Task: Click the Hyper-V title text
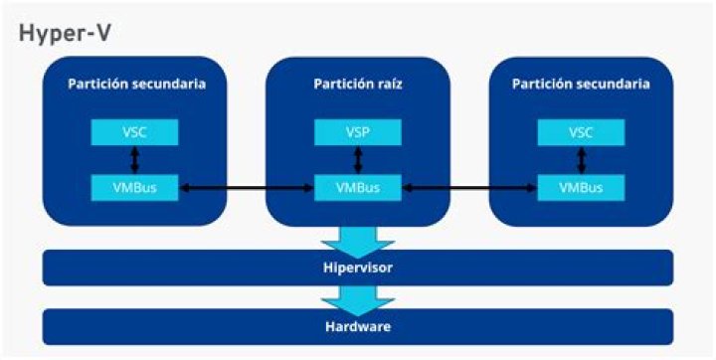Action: coord(65,34)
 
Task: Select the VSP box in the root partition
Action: coord(358,132)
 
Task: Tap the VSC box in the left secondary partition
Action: coord(134,132)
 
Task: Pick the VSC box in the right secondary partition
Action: coord(581,132)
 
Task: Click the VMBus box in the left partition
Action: coord(134,187)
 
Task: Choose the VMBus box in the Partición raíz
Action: coord(358,187)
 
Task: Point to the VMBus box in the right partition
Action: coord(581,187)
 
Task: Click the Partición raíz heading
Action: coord(358,85)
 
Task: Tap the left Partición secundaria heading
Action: coord(137,85)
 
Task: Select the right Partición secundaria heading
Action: coord(581,85)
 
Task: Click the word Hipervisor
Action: coord(358,268)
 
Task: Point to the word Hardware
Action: coord(358,326)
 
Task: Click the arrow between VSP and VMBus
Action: coord(358,160)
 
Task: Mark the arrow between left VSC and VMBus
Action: coord(134,160)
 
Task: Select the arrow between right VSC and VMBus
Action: coord(582,160)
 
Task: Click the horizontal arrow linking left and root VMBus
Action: coord(247,188)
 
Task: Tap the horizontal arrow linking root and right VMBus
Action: coord(469,188)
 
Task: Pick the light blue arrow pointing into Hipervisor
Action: coord(358,242)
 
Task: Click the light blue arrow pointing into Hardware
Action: coord(358,300)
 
